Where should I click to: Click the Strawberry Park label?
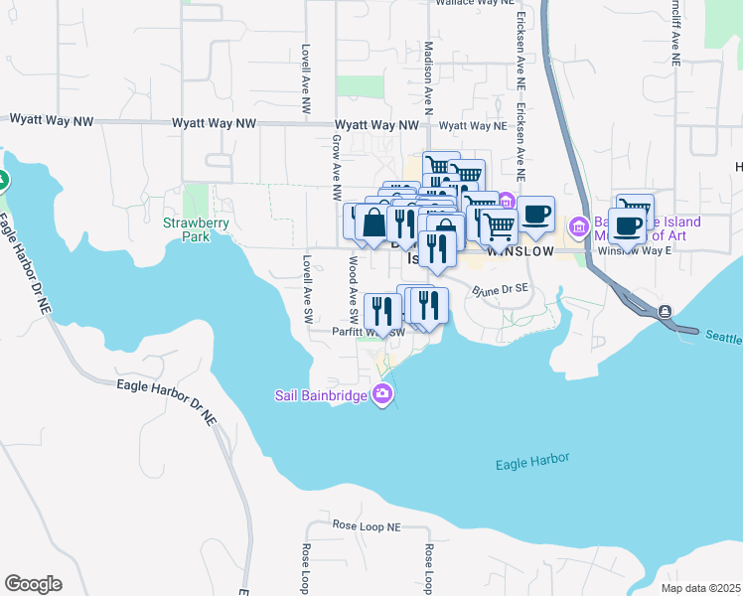click(198, 230)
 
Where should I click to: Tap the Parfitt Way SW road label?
click(369, 333)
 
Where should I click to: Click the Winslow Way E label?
click(634, 251)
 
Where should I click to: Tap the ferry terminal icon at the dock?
click(665, 312)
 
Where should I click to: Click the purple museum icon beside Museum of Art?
click(579, 228)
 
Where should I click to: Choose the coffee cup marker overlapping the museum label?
click(627, 224)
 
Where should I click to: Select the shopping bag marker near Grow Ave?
click(373, 223)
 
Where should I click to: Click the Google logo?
click(33, 584)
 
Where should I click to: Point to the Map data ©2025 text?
click(699, 588)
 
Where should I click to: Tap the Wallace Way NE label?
click(472, 4)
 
